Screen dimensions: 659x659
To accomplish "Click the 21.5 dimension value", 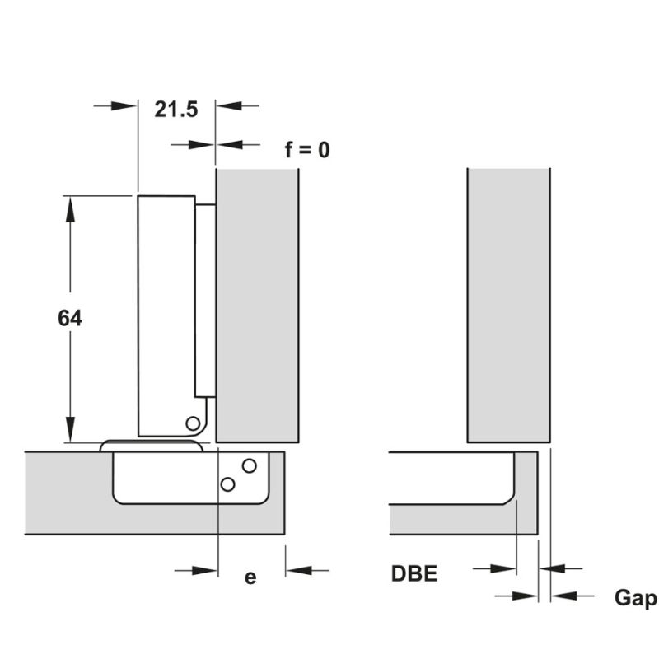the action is tap(176, 110).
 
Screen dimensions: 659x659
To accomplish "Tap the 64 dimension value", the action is tap(70, 318).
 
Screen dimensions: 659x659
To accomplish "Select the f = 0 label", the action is tap(307, 150).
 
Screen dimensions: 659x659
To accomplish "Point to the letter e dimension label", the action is tap(250, 577).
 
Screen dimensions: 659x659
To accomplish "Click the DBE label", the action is tap(414, 573).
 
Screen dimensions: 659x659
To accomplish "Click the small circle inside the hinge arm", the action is tap(193, 423).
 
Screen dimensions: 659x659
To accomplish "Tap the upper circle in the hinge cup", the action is tap(250, 465).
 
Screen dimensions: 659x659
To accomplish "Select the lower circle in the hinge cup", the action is tap(227, 484).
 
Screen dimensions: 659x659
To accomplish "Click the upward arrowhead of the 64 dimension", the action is tap(70, 209).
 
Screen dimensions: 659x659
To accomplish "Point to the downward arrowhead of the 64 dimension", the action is tap(70, 429).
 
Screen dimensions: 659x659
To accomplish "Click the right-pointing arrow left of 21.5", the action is tap(115, 106).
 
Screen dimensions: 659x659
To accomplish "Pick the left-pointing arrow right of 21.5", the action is tap(237, 106).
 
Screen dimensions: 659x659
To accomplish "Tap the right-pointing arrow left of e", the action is tap(196, 571).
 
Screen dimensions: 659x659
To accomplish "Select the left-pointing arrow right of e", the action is tap(307, 571).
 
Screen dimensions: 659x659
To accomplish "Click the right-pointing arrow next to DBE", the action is tap(495, 569).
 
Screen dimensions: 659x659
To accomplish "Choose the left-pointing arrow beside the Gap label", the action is tap(573, 596).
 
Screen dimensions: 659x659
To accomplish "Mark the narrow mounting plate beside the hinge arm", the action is tap(205, 301).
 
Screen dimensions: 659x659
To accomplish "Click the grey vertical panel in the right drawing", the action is tap(509, 306).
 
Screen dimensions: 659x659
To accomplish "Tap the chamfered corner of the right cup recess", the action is tap(509, 499).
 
